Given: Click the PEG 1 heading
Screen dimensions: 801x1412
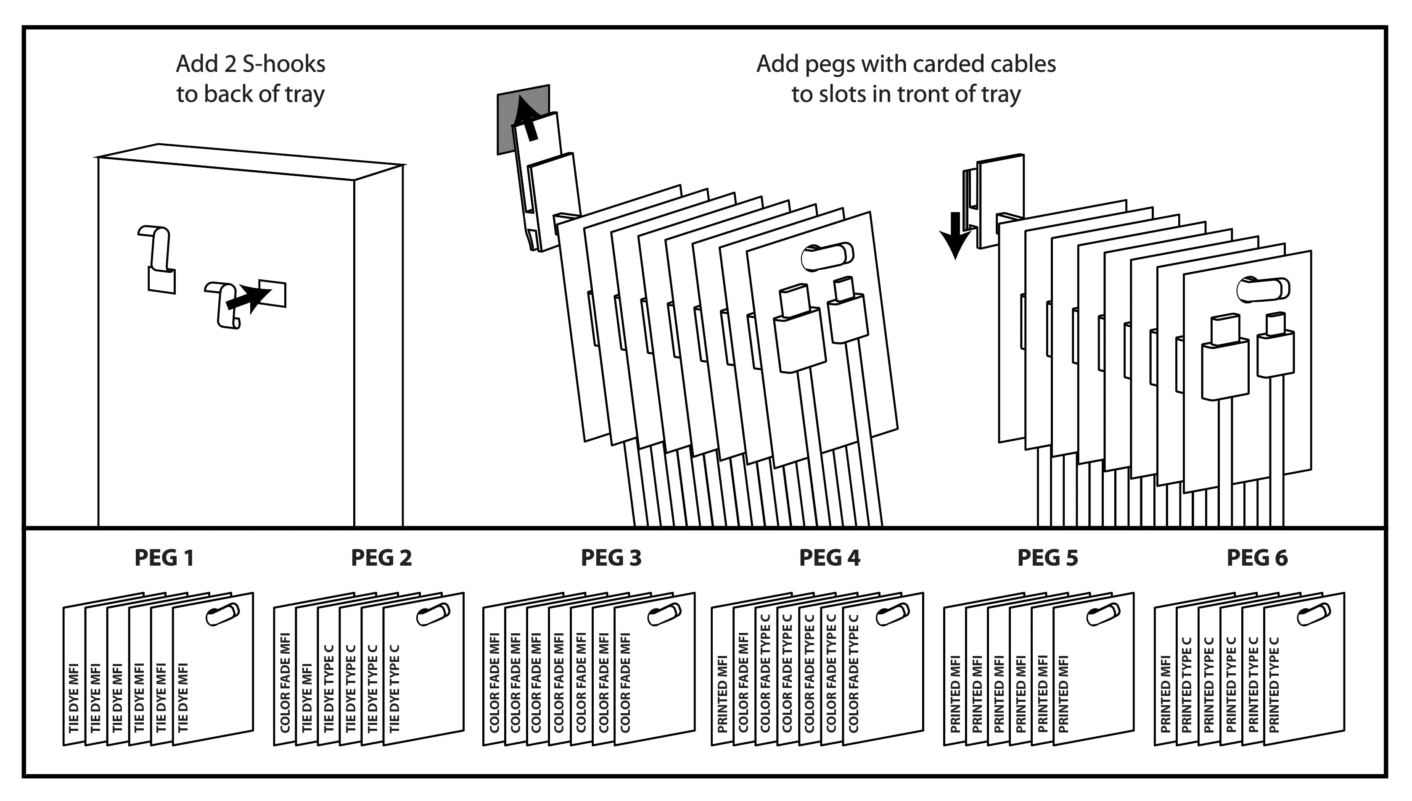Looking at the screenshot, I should (164, 558).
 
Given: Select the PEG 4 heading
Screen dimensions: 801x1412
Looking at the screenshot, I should (829, 558).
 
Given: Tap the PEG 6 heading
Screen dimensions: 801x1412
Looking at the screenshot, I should (1257, 558).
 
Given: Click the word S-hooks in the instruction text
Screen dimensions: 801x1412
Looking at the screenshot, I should (283, 64).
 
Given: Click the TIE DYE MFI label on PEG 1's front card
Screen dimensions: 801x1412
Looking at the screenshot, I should (183, 698).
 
